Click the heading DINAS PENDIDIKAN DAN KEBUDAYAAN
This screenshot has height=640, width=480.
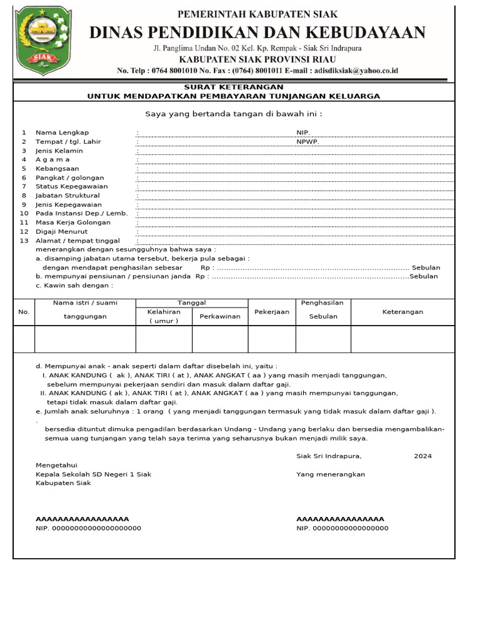click(257, 33)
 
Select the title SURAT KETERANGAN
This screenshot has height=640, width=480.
click(233, 87)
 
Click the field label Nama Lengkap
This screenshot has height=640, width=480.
click(62, 132)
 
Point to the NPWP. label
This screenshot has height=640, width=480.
click(308, 142)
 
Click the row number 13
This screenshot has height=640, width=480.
click(24, 241)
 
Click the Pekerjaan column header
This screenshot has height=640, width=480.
click(272, 312)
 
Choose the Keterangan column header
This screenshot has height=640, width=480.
click(402, 312)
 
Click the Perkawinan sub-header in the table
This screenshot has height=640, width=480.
click(220, 316)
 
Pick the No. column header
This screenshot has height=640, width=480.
click(24, 312)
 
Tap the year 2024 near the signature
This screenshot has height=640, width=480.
click(422, 456)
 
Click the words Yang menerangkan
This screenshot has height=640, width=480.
click(331, 474)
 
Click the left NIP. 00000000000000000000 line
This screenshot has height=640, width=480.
click(88, 528)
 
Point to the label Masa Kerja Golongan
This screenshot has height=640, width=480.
click(73, 222)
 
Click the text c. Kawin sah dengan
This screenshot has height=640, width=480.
click(74, 285)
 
